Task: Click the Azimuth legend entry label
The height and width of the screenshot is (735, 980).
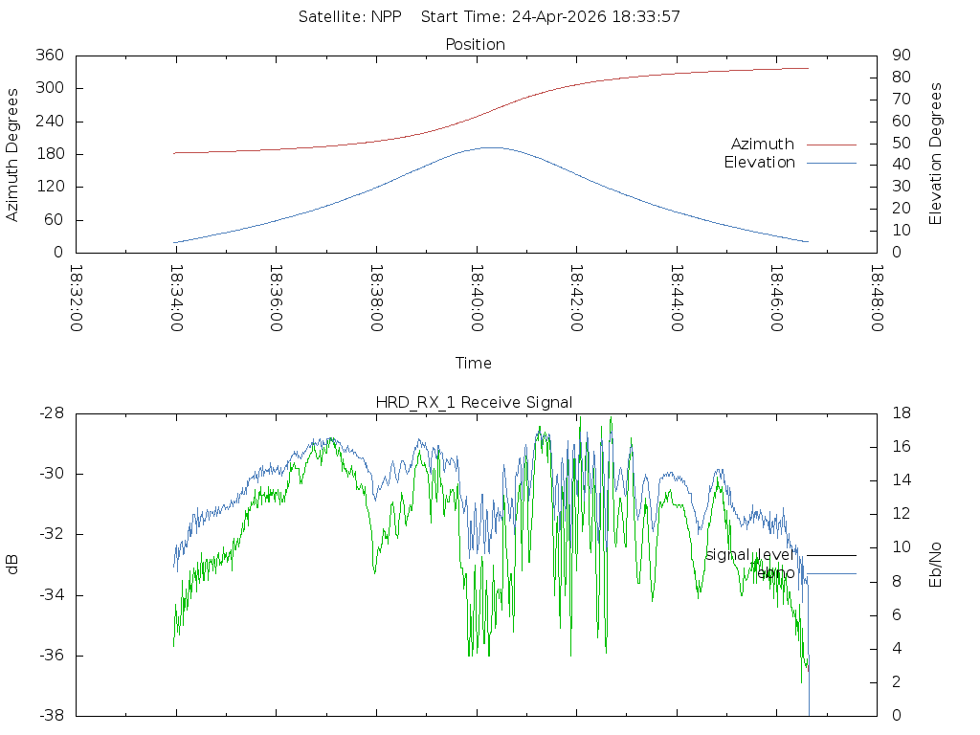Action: tap(763, 145)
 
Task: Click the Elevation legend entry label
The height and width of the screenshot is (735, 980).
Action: tap(759, 163)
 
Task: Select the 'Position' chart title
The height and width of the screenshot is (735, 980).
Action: tap(475, 44)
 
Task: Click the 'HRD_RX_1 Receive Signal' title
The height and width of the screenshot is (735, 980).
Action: tap(474, 403)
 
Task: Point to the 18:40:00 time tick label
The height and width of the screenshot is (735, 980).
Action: tap(477, 299)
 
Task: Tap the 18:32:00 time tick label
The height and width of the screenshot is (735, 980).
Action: tap(77, 299)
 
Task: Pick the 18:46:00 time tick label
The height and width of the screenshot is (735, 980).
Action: tap(777, 299)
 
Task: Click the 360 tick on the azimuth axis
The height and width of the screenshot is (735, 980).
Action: tap(50, 55)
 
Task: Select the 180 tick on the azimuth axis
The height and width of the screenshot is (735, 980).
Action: tap(50, 154)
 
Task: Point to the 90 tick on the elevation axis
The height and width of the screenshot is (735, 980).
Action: tap(902, 55)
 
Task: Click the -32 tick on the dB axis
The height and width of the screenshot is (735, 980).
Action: tap(52, 534)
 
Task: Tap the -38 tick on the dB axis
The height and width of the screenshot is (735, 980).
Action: tap(52, 715)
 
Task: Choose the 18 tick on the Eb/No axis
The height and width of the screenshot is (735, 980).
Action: tap(902, 413)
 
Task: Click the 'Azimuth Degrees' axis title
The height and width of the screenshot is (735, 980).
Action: tap(12, 155)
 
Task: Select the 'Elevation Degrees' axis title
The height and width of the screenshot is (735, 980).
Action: tap(935, 154)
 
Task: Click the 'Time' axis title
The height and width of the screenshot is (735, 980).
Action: tap(473, 363)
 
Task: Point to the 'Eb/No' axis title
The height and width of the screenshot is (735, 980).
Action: tap(935, 565)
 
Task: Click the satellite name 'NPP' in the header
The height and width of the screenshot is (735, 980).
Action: tap(387, 17)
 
